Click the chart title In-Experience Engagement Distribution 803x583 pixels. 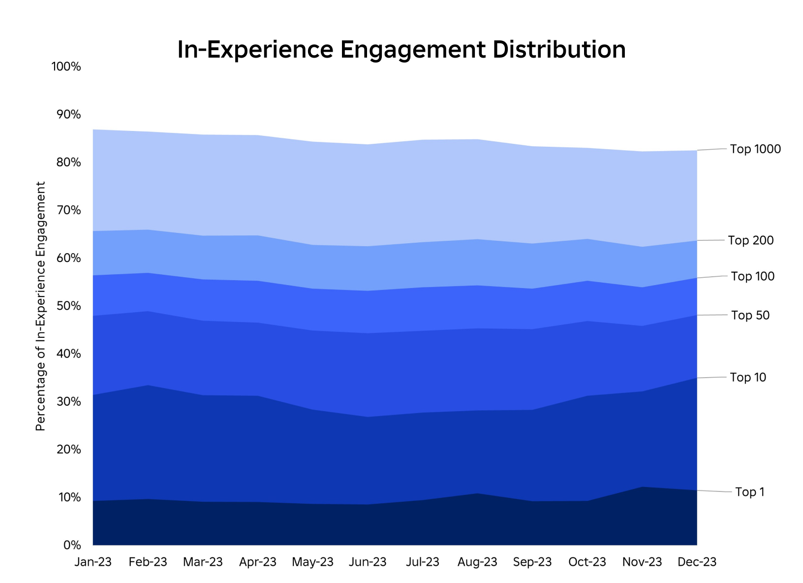coord(401,50)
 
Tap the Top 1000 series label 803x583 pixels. coord(755,149)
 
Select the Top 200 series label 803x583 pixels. coord(750,240)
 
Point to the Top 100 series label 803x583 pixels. coord(752,276)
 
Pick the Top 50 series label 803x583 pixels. coord(750,315)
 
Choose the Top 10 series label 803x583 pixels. coord(748,377)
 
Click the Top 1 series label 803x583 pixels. coord(749,492)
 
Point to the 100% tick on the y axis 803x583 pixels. coord(65,66)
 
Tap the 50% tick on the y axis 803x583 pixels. coord(67,306)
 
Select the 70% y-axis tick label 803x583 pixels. coord(67,210)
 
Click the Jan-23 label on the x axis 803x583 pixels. coord(93,562)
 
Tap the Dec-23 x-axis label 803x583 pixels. coord(697,562)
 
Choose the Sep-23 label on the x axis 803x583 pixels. coord(532,562)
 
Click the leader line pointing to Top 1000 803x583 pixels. coord(711,149)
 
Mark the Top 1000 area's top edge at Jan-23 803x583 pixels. coord(93,130)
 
